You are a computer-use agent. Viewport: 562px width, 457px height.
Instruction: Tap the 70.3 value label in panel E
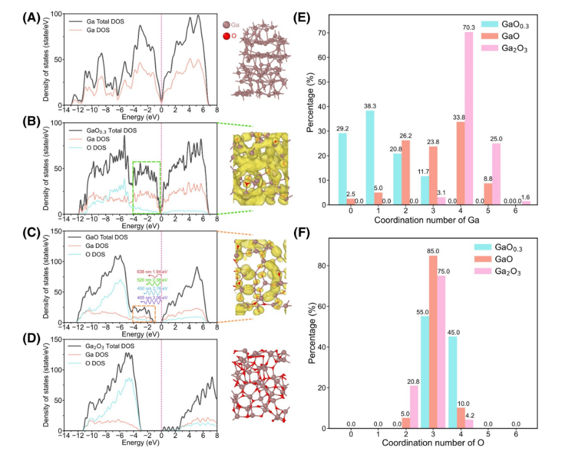(469, 26)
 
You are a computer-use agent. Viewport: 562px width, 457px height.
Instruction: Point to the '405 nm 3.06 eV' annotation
(153, 297)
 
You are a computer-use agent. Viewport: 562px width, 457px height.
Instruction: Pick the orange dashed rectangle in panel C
(143, 314)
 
